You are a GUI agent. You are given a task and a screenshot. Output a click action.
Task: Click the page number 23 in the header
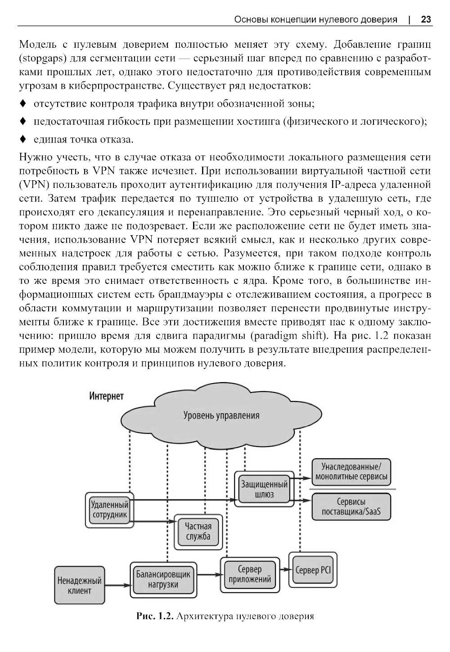point(426,19)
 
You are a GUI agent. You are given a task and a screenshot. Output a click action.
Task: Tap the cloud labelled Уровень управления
point(221,415)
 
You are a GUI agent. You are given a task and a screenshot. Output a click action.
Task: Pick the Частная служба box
point(198,531)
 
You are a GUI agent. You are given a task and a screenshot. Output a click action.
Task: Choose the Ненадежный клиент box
point(79,585)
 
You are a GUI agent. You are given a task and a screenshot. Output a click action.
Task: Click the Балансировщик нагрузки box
point(163,579)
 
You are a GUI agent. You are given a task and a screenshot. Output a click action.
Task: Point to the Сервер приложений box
point(249,574)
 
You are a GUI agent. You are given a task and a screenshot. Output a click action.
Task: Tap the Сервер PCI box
point(313,570)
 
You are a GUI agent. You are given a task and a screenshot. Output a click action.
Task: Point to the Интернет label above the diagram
point(106,396)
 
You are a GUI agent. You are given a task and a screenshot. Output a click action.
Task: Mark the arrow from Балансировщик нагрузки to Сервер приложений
point(208,574)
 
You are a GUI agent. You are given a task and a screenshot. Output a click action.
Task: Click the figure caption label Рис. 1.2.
point(155,616)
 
